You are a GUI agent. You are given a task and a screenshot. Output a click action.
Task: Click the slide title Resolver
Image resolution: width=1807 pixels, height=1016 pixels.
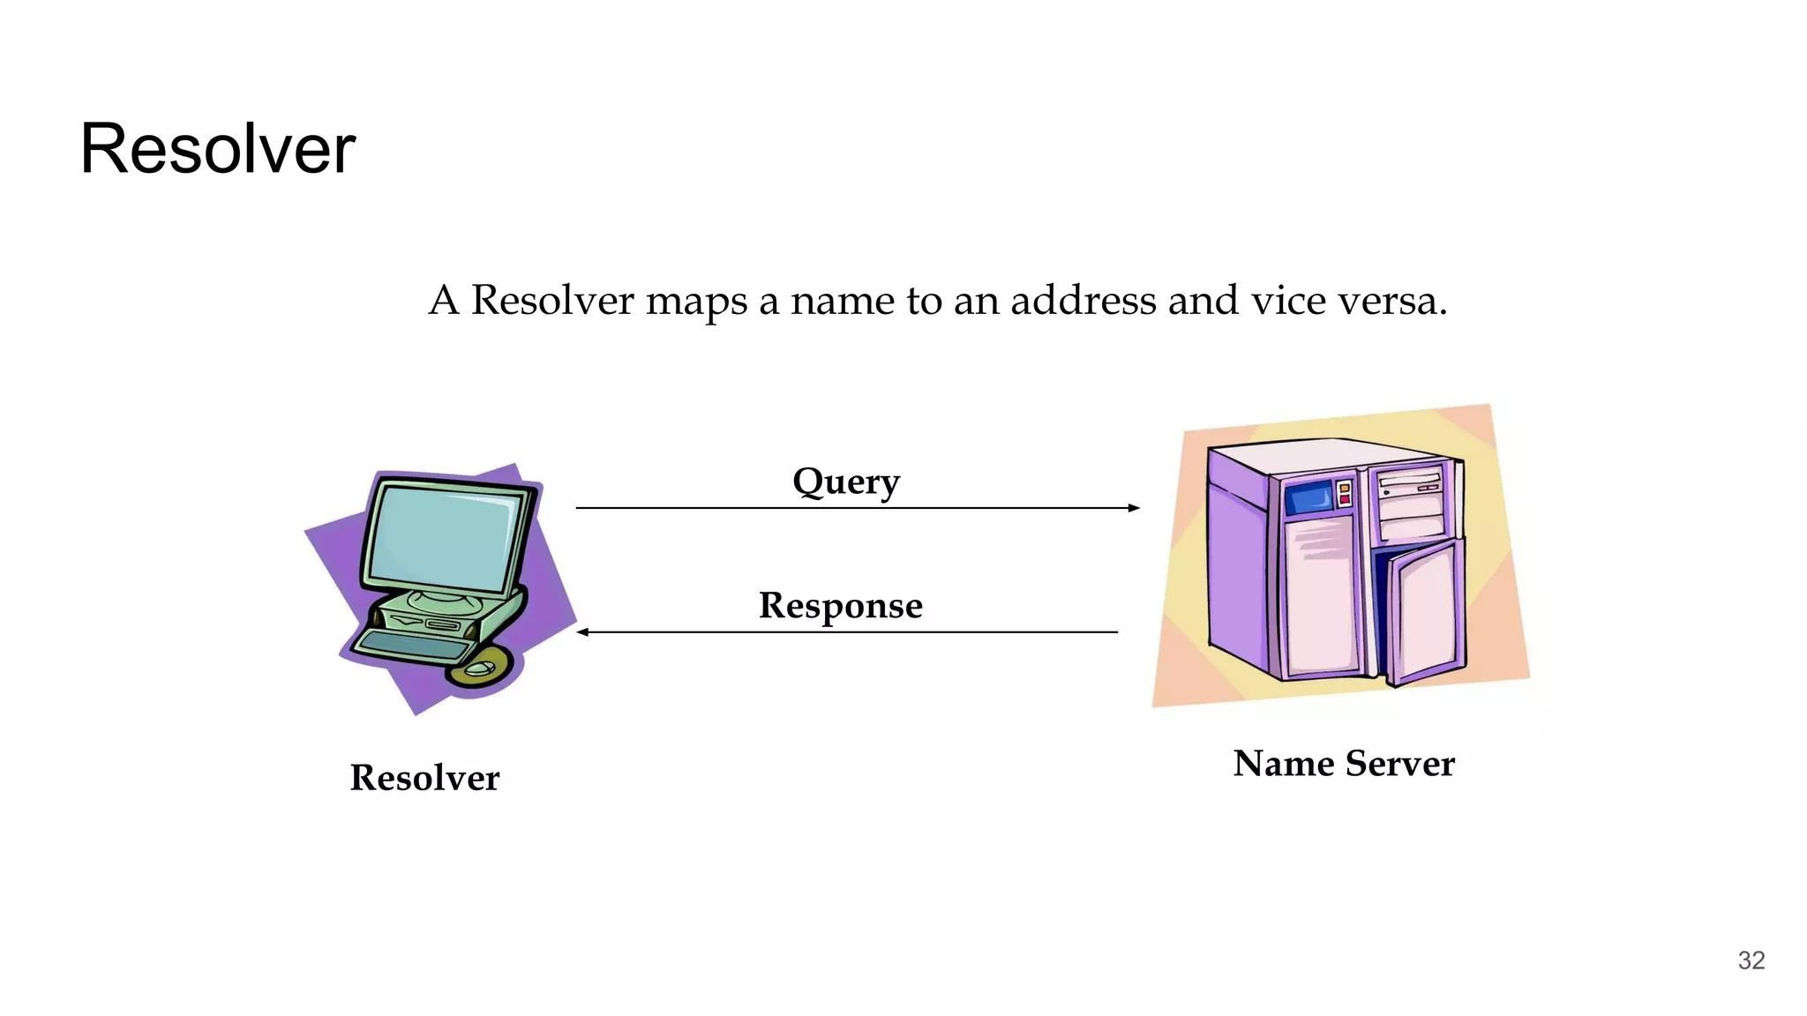coord(217,149)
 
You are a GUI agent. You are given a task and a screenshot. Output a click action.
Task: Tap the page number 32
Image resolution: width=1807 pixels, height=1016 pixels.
coord(1751,960)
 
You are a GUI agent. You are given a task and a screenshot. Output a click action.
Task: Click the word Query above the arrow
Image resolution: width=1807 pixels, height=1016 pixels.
coord(845,482)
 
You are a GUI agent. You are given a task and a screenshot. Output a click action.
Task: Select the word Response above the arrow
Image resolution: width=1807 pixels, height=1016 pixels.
coord(840,606)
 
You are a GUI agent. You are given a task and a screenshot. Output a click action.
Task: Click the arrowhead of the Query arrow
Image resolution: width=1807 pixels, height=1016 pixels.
coord(1134,508)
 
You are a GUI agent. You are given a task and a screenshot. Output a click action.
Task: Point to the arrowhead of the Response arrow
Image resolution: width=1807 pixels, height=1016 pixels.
coord(583,632)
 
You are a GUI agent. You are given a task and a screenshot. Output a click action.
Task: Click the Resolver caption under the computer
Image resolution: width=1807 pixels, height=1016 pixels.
coord(424,778)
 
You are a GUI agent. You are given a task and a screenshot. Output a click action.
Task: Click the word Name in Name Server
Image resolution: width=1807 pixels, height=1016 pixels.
coord(1283,764)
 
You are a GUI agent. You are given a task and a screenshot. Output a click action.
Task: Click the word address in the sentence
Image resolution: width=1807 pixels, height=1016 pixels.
coord(1083,301)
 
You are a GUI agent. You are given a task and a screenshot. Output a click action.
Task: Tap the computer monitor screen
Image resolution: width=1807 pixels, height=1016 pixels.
coord(443,538)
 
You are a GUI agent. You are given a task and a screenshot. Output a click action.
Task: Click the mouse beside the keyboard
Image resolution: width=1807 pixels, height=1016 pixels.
coord(479,669)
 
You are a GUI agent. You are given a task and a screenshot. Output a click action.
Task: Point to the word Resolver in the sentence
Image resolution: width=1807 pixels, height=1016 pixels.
coord(552,301)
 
